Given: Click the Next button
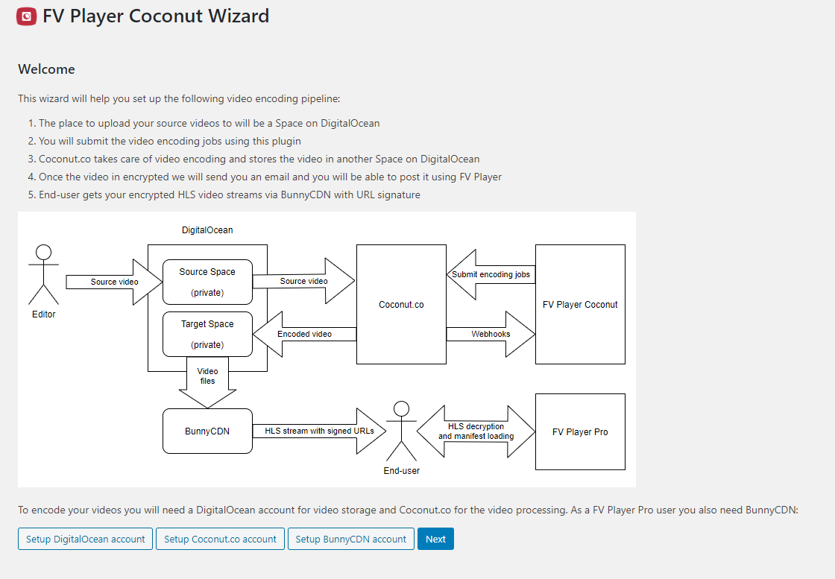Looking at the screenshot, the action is [x=435, y=539].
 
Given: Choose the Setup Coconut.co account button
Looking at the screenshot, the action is [x=220, y=539].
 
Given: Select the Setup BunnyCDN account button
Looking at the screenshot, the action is [x=350, y=539].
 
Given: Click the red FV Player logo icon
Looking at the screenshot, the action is [x=27, y=16].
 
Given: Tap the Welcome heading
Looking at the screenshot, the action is [x=46, y=69].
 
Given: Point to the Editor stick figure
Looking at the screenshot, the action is [x=44, y=275].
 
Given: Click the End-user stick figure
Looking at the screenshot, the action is [x=402, y=431].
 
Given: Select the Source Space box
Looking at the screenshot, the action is [x=207, y=282].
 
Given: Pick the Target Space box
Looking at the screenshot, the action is [x=207, y=334].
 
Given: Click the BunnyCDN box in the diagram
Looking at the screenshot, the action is [x=207, y=431].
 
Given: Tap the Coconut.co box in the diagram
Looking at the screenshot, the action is [x=401, y=304].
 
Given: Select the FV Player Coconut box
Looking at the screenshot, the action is [x=580, y=304].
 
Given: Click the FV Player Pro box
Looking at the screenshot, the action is [x=580, y=431].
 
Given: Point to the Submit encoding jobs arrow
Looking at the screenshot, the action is [x=491, y=275].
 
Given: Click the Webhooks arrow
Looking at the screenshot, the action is [x=491, y=334].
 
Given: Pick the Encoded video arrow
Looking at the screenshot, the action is [x=304, y=334].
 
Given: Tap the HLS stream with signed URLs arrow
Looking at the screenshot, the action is [x=318, y=431].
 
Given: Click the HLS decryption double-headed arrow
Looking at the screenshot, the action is [x=476, y=431].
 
